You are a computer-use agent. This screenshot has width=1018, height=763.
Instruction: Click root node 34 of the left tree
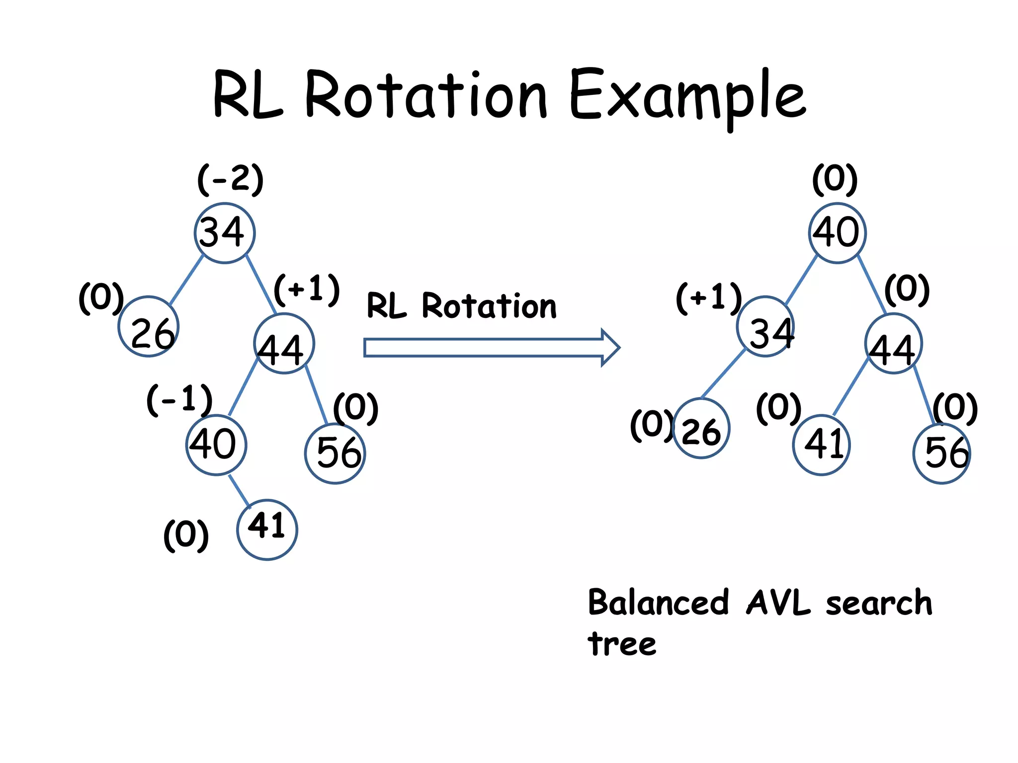(225, 232)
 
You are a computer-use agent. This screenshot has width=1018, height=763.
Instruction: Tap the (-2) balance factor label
(230, 179)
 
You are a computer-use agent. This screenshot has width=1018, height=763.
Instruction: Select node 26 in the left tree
(149, 326)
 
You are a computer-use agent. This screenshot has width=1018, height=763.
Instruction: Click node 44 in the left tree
(284, 344)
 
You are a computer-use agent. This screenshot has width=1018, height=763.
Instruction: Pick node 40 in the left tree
(216, 445)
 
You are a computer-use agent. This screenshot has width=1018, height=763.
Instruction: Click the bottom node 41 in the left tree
(267, 530)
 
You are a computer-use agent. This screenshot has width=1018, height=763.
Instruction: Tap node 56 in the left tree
(335, 453)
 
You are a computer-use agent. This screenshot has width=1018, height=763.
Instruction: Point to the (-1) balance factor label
(179, 400)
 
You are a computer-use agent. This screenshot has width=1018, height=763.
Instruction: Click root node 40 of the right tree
(837, 232)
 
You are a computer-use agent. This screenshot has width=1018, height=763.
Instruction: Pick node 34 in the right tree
(765, 326)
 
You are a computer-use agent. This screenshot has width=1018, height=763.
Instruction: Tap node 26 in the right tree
(701, 428)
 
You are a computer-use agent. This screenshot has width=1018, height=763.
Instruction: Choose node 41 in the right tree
(821, 445)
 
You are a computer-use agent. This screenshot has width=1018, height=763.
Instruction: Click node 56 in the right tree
(942, 453)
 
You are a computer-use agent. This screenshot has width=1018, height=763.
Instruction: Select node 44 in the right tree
(893, 344)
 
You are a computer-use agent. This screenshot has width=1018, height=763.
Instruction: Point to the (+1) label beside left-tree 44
(307, 290)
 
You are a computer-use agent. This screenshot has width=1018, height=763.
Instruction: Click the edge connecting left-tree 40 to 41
(239, 490)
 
